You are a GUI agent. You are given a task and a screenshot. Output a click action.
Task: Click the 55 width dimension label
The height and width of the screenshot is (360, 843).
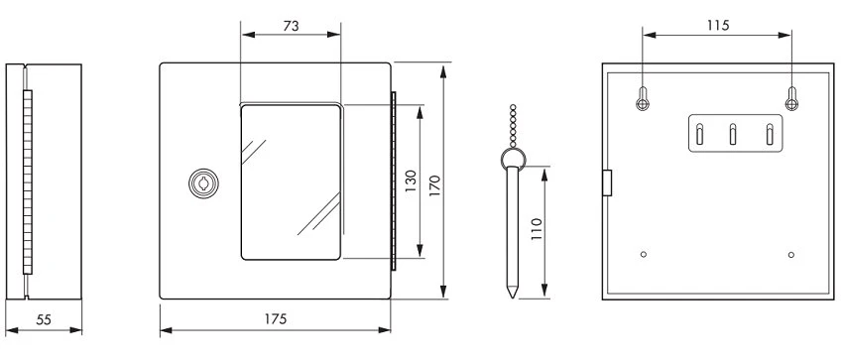pyautogui.click(x=44, y=319)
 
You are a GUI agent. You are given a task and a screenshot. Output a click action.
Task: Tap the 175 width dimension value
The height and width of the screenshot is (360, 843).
pyautogui.click(x=276, y=319)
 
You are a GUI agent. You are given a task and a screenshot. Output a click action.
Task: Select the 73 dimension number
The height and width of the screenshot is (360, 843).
pyautogui.click(x=291, y=25)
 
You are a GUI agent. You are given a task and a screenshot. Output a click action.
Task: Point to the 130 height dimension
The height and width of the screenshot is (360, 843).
pyautogui.click(x=411, y=181)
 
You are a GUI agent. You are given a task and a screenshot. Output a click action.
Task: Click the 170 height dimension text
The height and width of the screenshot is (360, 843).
pyautogui.click(x=434, y=185)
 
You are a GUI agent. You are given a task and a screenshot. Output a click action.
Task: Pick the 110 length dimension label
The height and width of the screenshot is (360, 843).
pyautogui.click(x=537, y=229)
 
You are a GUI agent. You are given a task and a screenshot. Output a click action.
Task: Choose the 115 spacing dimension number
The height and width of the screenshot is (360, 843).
pyautogui.click(x=717, y=25)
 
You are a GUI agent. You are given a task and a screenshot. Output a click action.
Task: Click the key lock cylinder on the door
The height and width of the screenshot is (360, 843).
pyautogui.click(x=203, y=183)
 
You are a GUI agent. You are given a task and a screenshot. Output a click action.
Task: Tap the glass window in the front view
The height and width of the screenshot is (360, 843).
pyautogui.click(x=291, y=182)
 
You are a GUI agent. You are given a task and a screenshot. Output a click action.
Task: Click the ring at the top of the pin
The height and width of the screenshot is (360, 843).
pyautogui.click(x=513, y=158)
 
